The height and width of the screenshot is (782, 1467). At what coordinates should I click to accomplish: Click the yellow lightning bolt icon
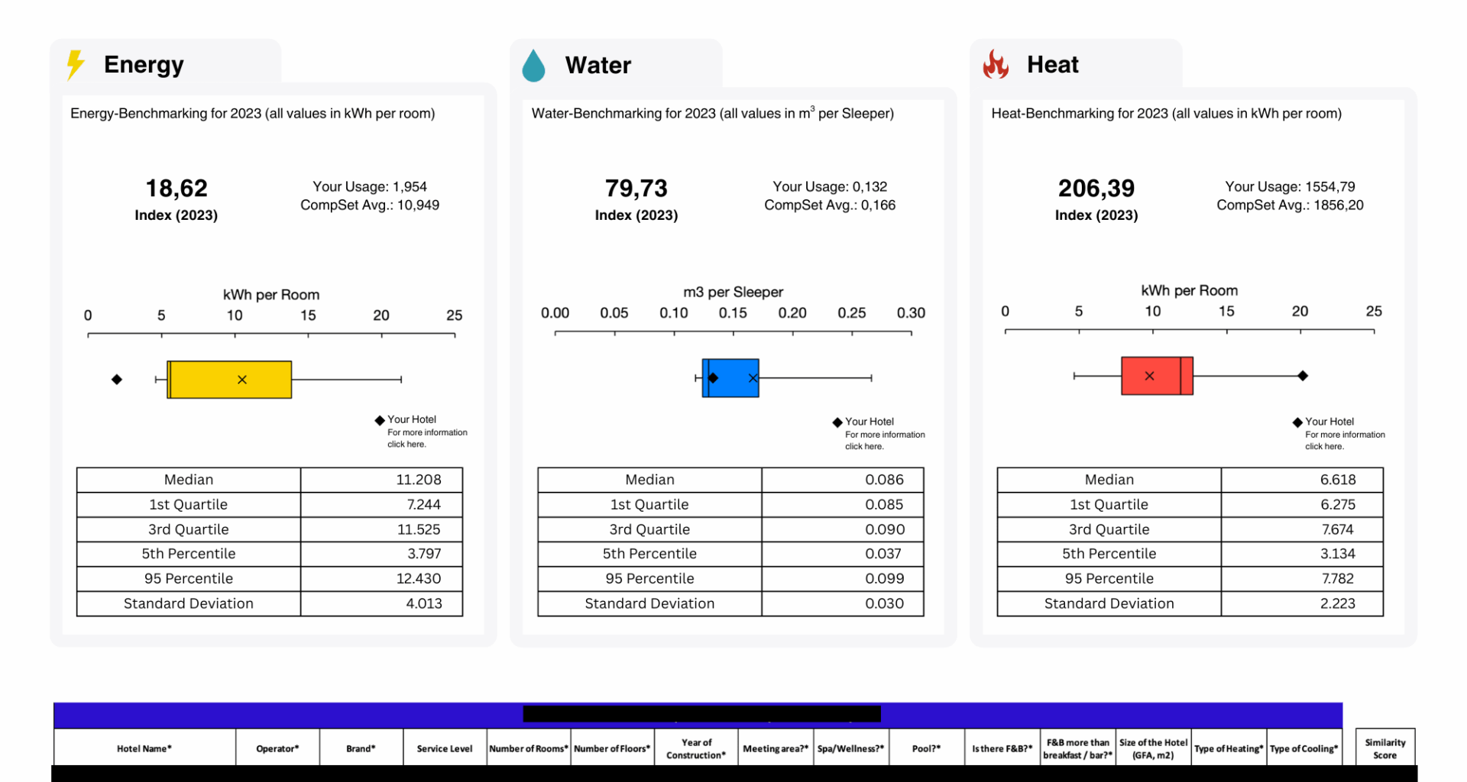click(x=75, y=65)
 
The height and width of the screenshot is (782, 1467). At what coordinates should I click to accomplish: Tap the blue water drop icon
click(x=533, y=66)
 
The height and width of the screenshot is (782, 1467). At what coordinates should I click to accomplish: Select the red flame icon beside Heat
click(x=996, y=65)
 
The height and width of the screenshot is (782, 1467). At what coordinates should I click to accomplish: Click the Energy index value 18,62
click(x=176, y=189)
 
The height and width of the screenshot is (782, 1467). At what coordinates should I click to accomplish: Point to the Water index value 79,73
click(x=636, y=189)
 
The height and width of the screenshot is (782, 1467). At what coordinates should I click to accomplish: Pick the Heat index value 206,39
click(x=1096, y=189)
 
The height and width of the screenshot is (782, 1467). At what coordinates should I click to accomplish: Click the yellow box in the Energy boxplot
click(x=229, y=380)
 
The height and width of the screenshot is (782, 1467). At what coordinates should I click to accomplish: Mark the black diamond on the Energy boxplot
click(x=117, y=380)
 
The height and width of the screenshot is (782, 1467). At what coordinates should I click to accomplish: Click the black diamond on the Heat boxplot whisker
click(x=1303, y=376)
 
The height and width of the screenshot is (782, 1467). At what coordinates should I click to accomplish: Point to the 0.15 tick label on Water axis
click(x=733, y=313)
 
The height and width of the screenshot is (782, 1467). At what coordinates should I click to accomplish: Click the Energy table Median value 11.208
click(x=418, y=480)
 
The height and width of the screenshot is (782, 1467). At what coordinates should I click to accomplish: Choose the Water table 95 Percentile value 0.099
click(x=884, y=579)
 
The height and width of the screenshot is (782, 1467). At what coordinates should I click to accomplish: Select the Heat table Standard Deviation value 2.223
click(x=1337, y=603)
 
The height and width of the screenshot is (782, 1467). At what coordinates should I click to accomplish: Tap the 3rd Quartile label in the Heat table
click(x=1109, y=529)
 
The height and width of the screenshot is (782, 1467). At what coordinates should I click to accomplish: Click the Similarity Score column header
click(x=1384, y=748)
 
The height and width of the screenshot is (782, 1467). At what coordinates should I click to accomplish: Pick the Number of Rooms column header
click(x=528, y=748)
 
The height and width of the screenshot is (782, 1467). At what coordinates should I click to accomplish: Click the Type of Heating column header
click(x=1228, y=748)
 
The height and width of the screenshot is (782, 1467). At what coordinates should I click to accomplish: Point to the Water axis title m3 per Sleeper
click(x=733, y=292)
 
